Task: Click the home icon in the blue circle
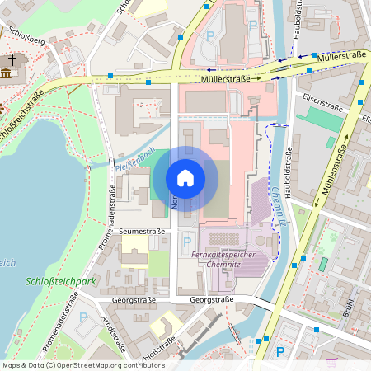[x=185, y=178]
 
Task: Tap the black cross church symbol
[x=11, y=61]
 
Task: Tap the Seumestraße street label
[x=142, y=232]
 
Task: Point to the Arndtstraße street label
[x=112, y=332]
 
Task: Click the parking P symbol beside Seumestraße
[x=185, y=242]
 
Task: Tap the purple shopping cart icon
[x=332, y=363]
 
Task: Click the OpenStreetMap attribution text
[x=82, y=365]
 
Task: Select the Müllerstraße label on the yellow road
[x=225, y=79]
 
